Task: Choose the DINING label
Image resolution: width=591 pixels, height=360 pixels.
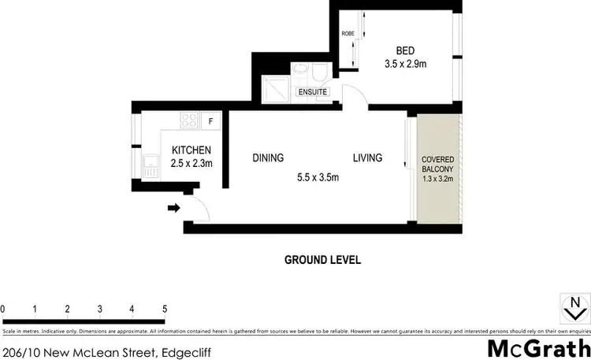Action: (268, 158)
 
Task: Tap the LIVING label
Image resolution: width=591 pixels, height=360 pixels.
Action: (367, 158)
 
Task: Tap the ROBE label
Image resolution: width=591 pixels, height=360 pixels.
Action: (347, 34)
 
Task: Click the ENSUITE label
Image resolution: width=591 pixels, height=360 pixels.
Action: (311, 92)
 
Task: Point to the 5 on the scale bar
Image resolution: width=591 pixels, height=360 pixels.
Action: (164, 308)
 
